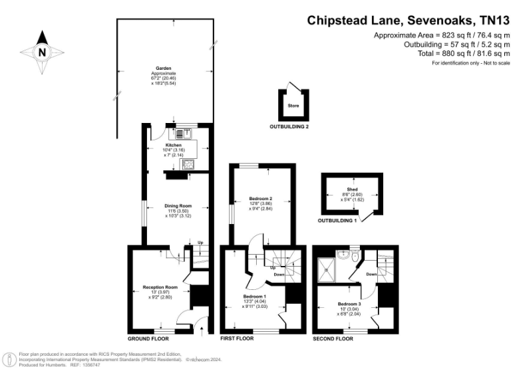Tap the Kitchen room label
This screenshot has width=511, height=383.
pos(174,145)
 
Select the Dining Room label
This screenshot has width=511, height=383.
pos(178,206)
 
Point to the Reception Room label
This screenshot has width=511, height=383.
pos(160,287)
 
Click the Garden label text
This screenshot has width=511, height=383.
pos(164,68)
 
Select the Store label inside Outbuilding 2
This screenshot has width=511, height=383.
pos(293,106)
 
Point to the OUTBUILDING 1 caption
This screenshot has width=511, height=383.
pos(337,220)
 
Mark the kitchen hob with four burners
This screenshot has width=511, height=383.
pos(188,164)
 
